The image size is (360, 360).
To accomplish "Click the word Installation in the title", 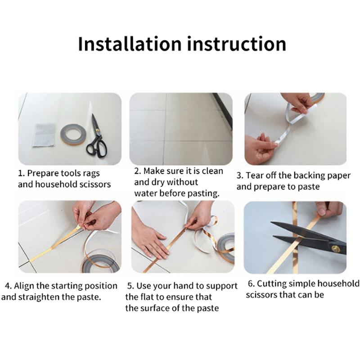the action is [130, 44].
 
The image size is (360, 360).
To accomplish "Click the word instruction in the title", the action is [237, 44].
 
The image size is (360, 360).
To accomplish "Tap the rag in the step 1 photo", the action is [44, 135].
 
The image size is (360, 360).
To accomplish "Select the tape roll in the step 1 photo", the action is [73, 134].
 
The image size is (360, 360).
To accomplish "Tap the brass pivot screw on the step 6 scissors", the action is [335, 248].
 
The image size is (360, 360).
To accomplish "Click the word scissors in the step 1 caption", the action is [95, 184].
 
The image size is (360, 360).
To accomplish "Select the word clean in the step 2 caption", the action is [212, 171].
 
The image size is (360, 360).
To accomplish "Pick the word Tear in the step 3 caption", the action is [255, 175].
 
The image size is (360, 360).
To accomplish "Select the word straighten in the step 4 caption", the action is [39, 297].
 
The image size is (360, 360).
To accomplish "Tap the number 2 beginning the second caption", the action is [137, 171].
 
